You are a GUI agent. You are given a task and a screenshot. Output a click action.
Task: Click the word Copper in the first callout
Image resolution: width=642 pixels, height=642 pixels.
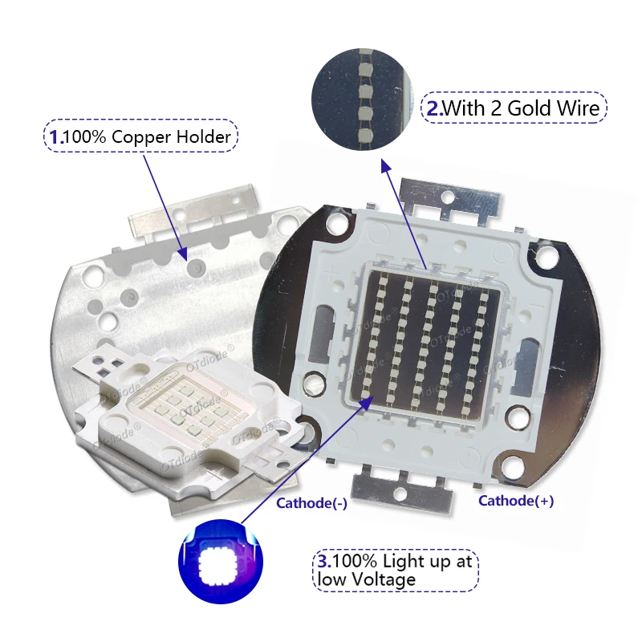(141, 137)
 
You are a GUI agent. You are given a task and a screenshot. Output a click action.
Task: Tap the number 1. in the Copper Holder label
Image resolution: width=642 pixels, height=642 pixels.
(56, 136)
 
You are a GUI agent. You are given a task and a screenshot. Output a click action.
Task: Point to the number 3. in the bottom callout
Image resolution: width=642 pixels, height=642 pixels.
(325, 561)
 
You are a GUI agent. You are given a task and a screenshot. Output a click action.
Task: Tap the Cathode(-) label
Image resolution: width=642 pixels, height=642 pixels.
(311, 503)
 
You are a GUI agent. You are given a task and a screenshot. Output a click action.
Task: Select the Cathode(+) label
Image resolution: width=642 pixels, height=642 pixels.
(516, 500)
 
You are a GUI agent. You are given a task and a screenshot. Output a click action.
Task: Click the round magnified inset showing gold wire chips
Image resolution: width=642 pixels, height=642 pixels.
(363, 100)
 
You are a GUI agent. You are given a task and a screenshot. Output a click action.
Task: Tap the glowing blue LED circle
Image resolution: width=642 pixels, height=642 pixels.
(221, 561)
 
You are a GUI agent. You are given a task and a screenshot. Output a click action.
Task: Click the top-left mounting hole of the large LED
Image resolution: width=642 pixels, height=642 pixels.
(336, 224)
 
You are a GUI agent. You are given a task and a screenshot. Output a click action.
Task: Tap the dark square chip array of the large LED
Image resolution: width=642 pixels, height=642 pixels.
(426, 345)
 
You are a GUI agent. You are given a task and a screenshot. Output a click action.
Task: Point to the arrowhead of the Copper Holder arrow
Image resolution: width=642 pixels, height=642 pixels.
(183, 254)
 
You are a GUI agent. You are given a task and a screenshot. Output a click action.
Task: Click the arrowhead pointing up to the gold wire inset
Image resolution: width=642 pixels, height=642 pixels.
(385, 166)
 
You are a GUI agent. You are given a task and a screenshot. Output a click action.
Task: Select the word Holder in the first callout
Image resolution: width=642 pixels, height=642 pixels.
(203, 136)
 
